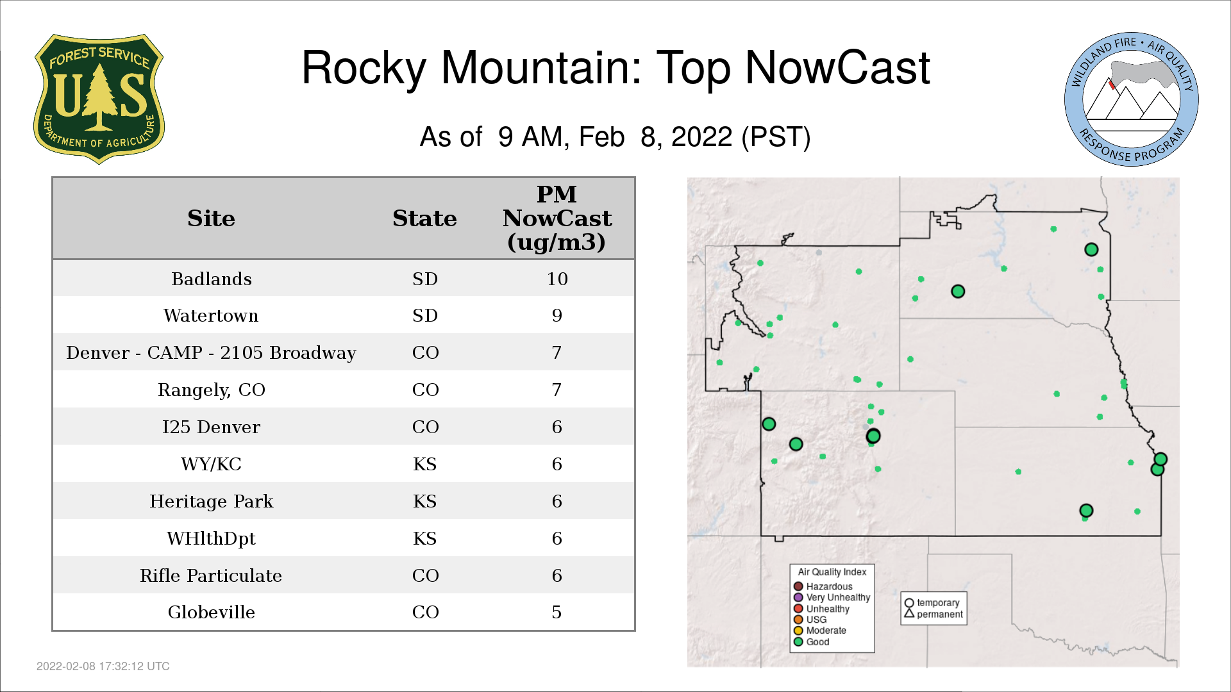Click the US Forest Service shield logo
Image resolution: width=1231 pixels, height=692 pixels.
tap(99, 99)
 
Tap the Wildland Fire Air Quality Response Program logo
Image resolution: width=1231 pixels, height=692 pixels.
tap(1132, 99)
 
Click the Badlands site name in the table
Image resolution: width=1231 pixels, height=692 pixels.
tap(212, 279)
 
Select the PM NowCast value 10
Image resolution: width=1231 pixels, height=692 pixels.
tap(557, 279)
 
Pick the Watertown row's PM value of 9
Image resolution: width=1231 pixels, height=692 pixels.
tap(557, 315)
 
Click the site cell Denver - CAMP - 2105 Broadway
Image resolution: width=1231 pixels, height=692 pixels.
tap(212, 352)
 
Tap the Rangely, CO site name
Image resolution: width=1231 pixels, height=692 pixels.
tap(212, 390)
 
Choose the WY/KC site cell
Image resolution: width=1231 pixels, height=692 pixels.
tap(212, 464)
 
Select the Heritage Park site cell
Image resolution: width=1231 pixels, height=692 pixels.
tap(212, 501)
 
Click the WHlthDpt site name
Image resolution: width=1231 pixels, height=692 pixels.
tap(212, 538)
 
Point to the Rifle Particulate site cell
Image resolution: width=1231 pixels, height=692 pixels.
tap(212, 575)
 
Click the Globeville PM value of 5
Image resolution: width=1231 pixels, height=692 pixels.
tap(557, 612)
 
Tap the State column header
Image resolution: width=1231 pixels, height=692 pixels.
tap(425, 218)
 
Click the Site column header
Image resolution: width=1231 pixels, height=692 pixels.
tap(212, 218)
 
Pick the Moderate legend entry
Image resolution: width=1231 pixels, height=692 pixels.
tap(820, 630)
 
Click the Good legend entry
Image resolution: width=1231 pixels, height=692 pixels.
tap(812, 641)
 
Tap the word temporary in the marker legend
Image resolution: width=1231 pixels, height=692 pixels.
tap(938, 603)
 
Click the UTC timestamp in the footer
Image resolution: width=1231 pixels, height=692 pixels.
tap(103, 666)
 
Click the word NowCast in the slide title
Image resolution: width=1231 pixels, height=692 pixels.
tap(837, 67)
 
